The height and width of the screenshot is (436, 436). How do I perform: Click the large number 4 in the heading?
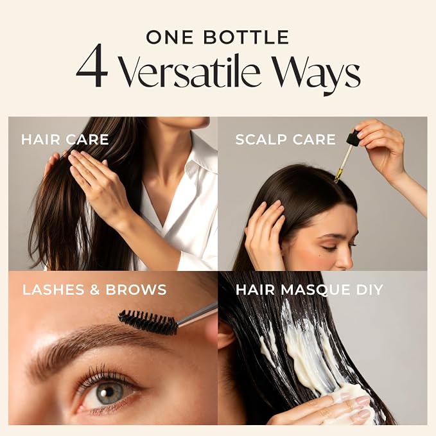(x=92, y=65)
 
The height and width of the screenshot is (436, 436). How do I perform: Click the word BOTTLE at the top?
(x=247, y=37)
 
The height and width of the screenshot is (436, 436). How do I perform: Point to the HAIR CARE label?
(x=65, y=139)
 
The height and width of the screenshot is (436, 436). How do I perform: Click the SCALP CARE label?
(x=286, y=139)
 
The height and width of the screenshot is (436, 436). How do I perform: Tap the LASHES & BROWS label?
(x=94, y=290)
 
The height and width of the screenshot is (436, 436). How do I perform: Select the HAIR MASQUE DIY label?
(x=310, y=290)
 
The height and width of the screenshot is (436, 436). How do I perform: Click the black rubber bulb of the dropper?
(x=353, y=137)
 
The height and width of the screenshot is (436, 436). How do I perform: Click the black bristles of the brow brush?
(x=148, y=322)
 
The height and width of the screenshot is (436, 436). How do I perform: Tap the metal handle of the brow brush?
(x=197, y=314)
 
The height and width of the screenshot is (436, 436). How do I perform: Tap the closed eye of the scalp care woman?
(x=331, y=247)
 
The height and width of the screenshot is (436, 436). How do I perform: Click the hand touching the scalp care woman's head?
(x=264, y=231)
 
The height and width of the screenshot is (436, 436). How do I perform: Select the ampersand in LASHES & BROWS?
(x=95, y=290)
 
